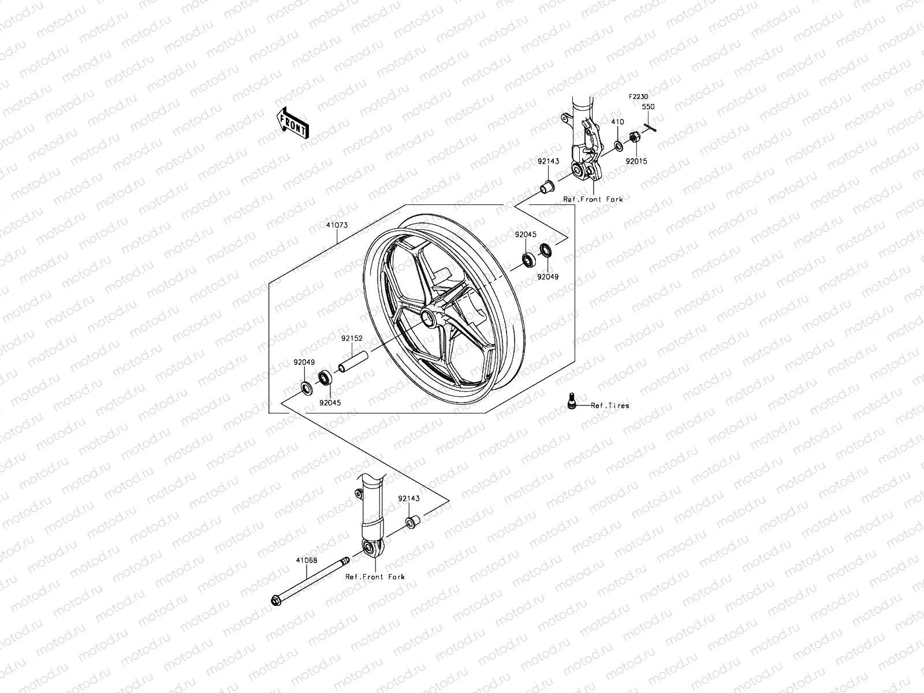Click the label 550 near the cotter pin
[x=649, y=107]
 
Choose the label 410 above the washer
[x=618, y=122]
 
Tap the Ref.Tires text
[x=610, y=405]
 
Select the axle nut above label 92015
[x=633, y=137]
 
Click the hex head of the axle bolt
[x=275, y=601]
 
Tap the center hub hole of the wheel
[x=428, y=316]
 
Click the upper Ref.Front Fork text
[x=593, y=199]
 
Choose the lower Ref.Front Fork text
[x=375, y=577]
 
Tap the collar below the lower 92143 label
[x=412, y=523]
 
